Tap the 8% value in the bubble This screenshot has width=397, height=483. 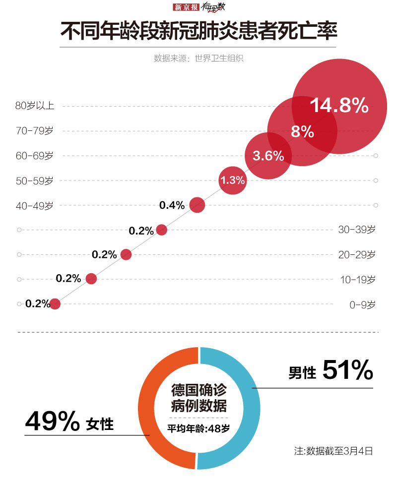(x=302, y=132)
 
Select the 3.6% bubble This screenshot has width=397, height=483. (x=268, y=156)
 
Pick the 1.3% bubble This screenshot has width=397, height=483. (x=233, y=181)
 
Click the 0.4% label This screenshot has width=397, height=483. (x=172, y=205)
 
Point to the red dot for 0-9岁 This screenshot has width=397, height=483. (x=55, y=303)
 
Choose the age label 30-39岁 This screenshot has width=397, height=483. (x=356, y=230)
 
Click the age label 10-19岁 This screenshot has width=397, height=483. (x=356, y=279)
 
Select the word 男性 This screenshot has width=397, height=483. (x=302, y=373)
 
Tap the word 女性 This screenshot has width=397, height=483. (x=100, y=425)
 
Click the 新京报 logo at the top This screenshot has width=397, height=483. (x=186, y=7)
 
